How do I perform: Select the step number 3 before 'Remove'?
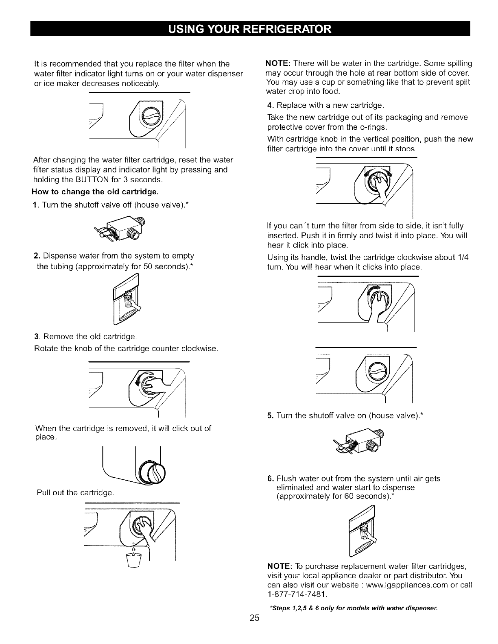(x=36, y=337)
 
